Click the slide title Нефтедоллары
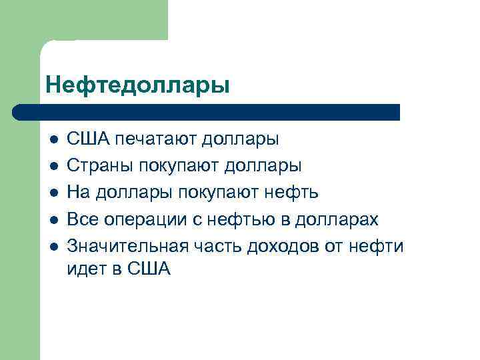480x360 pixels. pyautogui.click(x=138, y=85)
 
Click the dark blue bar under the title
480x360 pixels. pyautogui.click(x=207, y=111)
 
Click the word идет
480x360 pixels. pyautogui.click(x=86, y=269)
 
